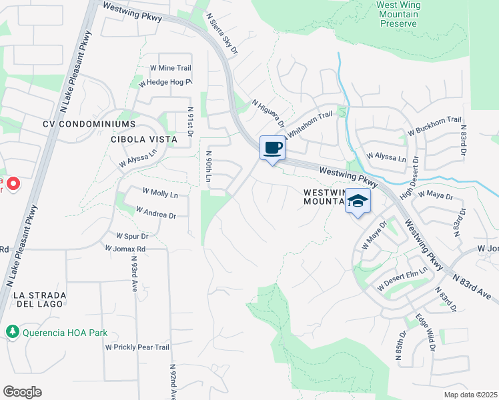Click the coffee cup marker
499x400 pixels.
(272, 148)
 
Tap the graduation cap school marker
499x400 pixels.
(358, 201)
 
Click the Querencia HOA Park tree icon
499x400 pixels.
(12, 331)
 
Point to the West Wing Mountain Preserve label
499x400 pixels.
(398, 14)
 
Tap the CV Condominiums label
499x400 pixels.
(89, 124)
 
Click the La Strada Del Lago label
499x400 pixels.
(37, 299)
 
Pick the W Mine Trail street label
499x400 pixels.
(170, 68)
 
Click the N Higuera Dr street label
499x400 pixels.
(268, 114)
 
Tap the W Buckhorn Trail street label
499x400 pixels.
(434, 125)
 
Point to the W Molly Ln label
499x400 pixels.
(160, 194)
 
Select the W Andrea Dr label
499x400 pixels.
(155, 212)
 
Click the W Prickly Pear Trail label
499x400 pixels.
(137, 347)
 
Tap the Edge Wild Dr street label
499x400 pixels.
(425, 333)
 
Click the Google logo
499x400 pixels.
(22, 392)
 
